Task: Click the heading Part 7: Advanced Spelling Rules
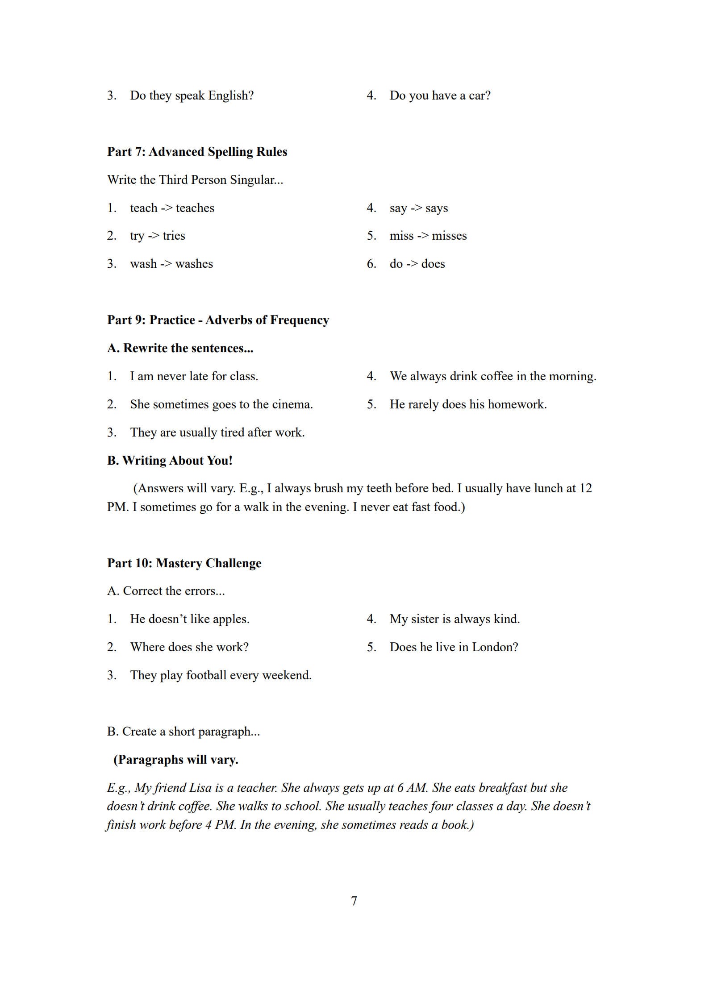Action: [x=197, y=152]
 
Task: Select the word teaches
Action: [x=195, y=208]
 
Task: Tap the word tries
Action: [x=174, y=236]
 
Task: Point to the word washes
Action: [x=194, y=264]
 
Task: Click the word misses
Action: [x=449, y=236]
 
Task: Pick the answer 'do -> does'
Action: [x=417, y=264]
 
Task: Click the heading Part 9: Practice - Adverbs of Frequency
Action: [x=218, y=320]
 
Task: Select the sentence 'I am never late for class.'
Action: [x=194, y=376]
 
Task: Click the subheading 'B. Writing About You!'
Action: [x=170, y=461]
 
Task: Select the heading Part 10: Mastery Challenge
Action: [x=184, y=563]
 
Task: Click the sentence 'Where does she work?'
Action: [x=189, y=647]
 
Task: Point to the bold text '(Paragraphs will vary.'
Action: [x=175, y=760]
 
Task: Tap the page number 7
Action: [x=354, y=901]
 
